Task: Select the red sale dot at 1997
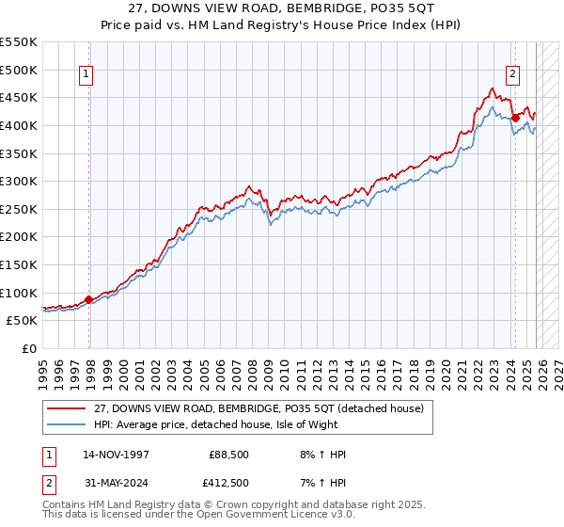point(89,299)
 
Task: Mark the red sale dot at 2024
point(516,118)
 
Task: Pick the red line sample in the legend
point(68,407)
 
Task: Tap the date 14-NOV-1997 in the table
point(111,455)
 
